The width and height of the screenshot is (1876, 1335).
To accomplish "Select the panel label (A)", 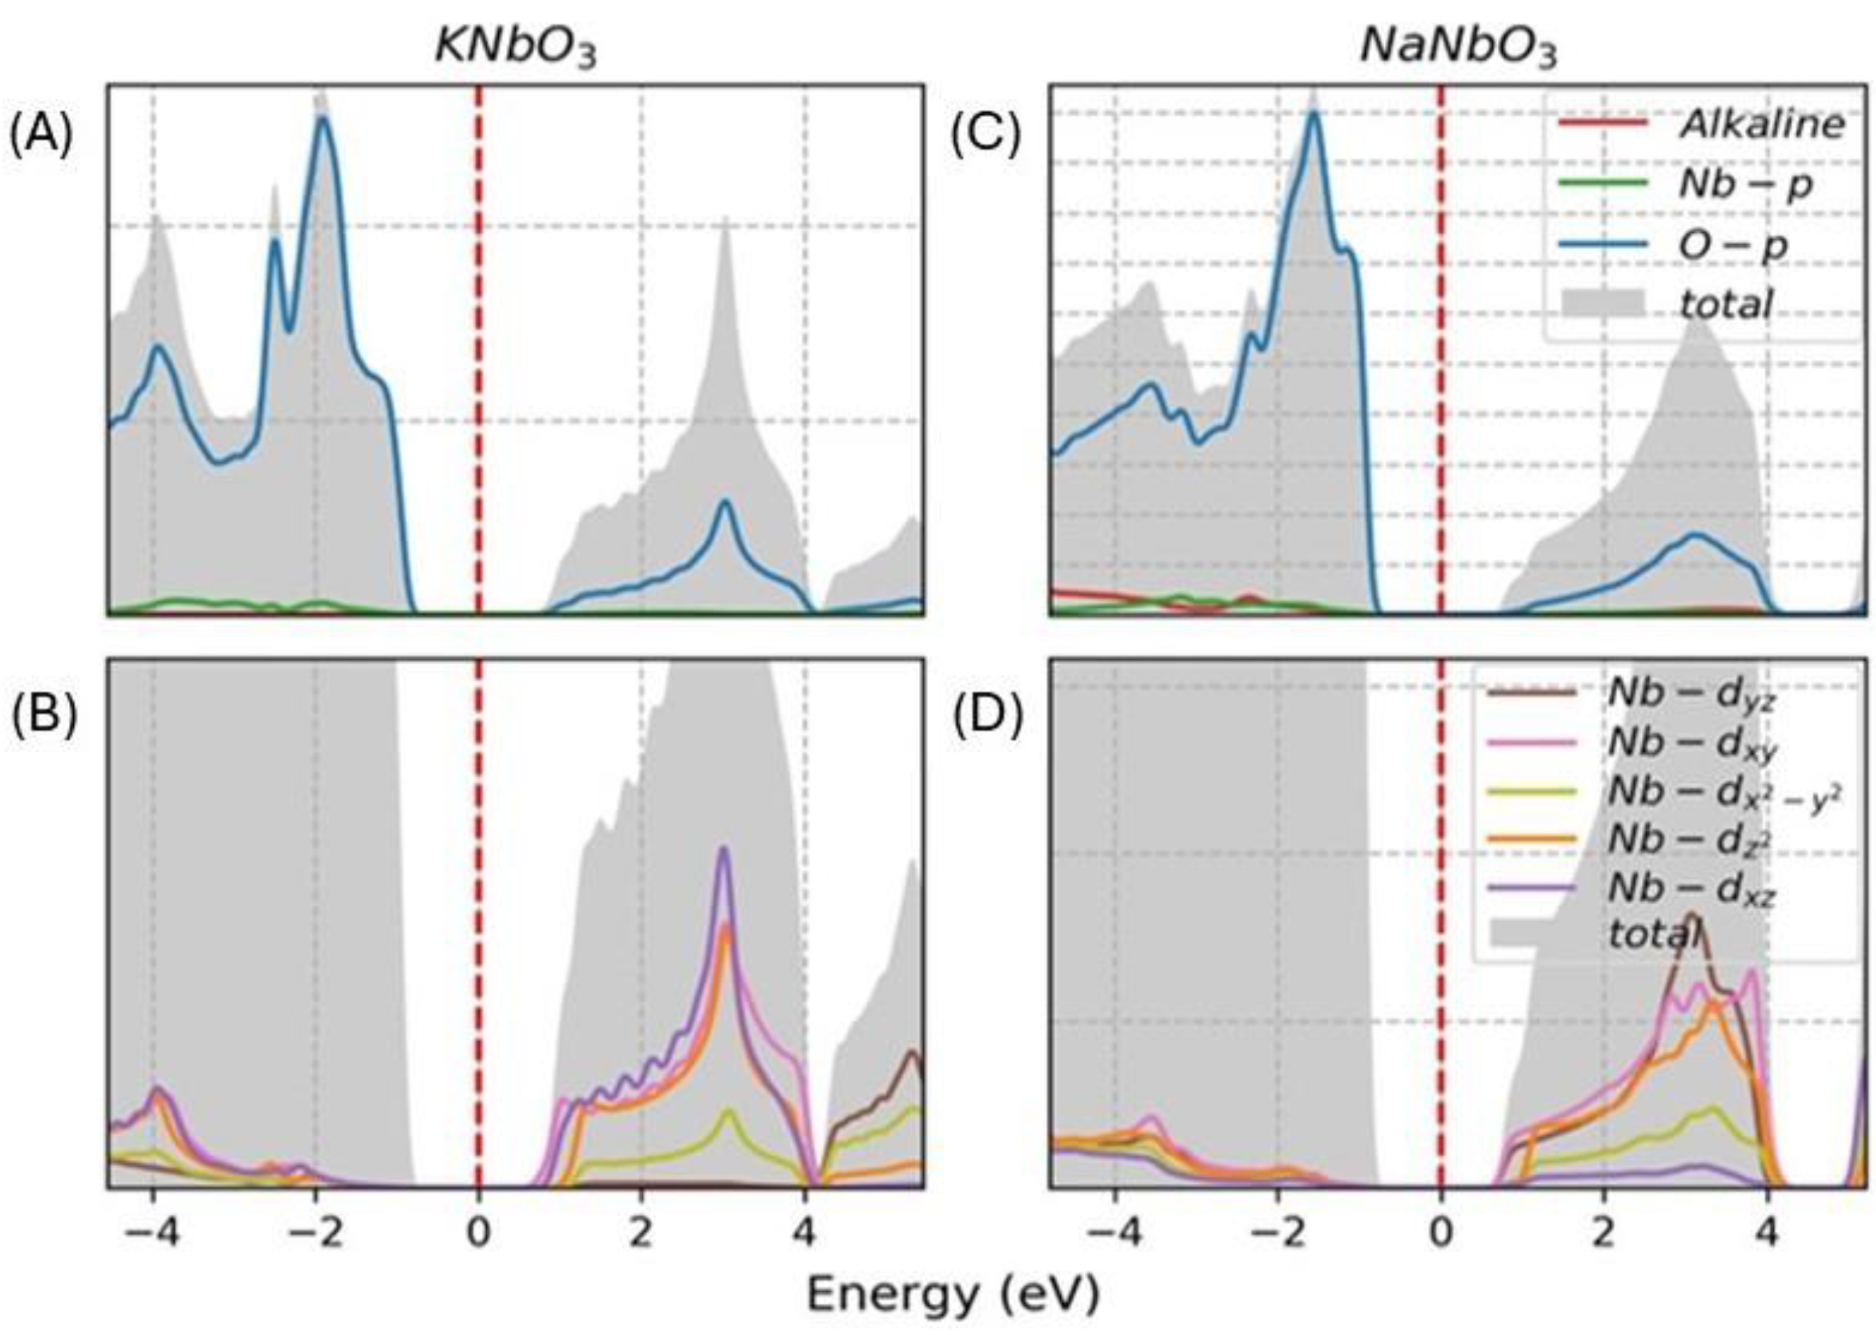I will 41,134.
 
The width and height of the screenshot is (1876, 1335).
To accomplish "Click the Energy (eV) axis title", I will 952,1295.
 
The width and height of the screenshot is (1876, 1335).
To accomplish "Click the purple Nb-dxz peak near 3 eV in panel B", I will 724,849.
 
